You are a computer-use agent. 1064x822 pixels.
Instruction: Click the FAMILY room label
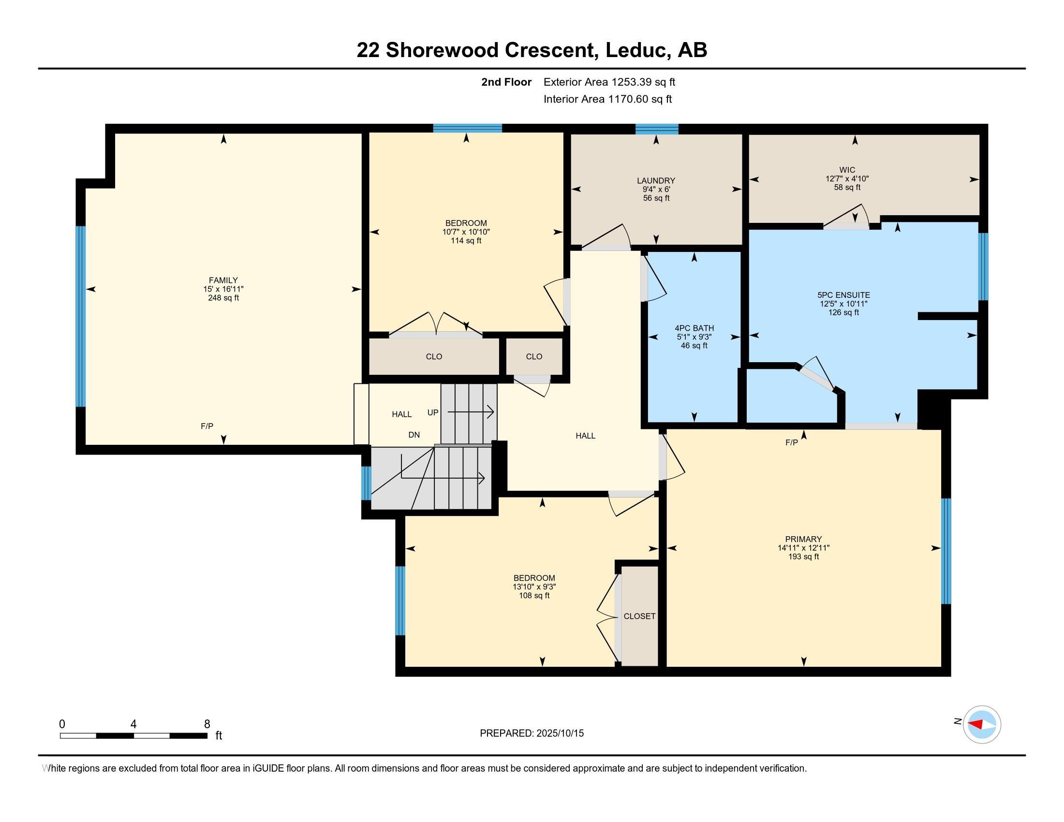coord(223,280)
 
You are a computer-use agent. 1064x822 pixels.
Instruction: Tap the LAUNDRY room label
coord(656,181)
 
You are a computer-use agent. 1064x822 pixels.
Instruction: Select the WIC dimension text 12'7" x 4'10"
coord(847,179)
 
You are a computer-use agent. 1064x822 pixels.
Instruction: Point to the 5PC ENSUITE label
coord(843,295)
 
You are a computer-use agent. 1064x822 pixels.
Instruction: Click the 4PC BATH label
coord(694,328)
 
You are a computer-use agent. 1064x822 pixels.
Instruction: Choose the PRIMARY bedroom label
coord(803,539)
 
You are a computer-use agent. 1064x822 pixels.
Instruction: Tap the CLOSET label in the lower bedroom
coord(639,616)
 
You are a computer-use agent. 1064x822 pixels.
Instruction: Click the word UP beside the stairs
coord(433,412)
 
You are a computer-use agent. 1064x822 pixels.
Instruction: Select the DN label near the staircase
coord(414,435)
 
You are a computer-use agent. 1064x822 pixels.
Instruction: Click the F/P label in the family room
coord(207,426)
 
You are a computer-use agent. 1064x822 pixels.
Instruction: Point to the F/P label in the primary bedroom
coord(791,442)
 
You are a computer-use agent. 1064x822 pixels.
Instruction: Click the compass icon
coord(981,724)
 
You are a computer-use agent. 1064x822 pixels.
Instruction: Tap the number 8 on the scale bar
coord(207,724)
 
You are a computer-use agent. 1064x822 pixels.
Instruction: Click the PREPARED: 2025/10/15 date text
coord(532,734)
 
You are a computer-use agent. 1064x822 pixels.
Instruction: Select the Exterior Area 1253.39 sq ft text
coord(609,82)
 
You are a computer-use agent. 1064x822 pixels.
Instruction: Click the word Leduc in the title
coord(635,50)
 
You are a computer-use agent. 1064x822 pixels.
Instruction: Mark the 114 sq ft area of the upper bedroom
coord(466,241)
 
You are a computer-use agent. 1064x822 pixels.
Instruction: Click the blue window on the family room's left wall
coord(80,317)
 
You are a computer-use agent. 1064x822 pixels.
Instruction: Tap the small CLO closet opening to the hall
coord(533,356)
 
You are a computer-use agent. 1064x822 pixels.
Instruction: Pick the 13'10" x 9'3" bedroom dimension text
coord(534,587)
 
